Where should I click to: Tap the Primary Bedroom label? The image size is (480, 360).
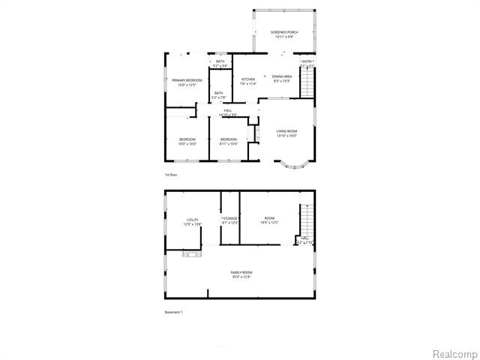(x=187, y=82)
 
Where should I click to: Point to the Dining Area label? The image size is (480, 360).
(x=282, y=78)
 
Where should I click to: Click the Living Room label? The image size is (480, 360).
(x=286, y=133)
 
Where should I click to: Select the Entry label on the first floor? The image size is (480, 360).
(x=307, y=63)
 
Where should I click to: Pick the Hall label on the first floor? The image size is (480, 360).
(x=228, y=113)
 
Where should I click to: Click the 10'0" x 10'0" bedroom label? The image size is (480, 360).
(x=187, y=142)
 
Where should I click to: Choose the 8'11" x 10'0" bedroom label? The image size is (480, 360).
(x=229, y=142)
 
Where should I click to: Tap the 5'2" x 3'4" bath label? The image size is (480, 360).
(x=220, y=64)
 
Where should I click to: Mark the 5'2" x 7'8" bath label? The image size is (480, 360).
(x=218, y=95)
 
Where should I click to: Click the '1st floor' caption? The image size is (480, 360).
(x=171, y=175)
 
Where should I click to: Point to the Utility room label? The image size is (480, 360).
(x=193, y=222)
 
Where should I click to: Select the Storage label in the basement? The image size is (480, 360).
(x=229, y=220)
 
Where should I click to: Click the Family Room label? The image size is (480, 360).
(x=241, y=274)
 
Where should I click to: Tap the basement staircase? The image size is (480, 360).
(x=305, y=219)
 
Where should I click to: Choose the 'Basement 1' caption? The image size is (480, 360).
(x=173, y=312)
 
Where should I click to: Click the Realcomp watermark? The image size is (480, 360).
(x=451, y=352)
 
